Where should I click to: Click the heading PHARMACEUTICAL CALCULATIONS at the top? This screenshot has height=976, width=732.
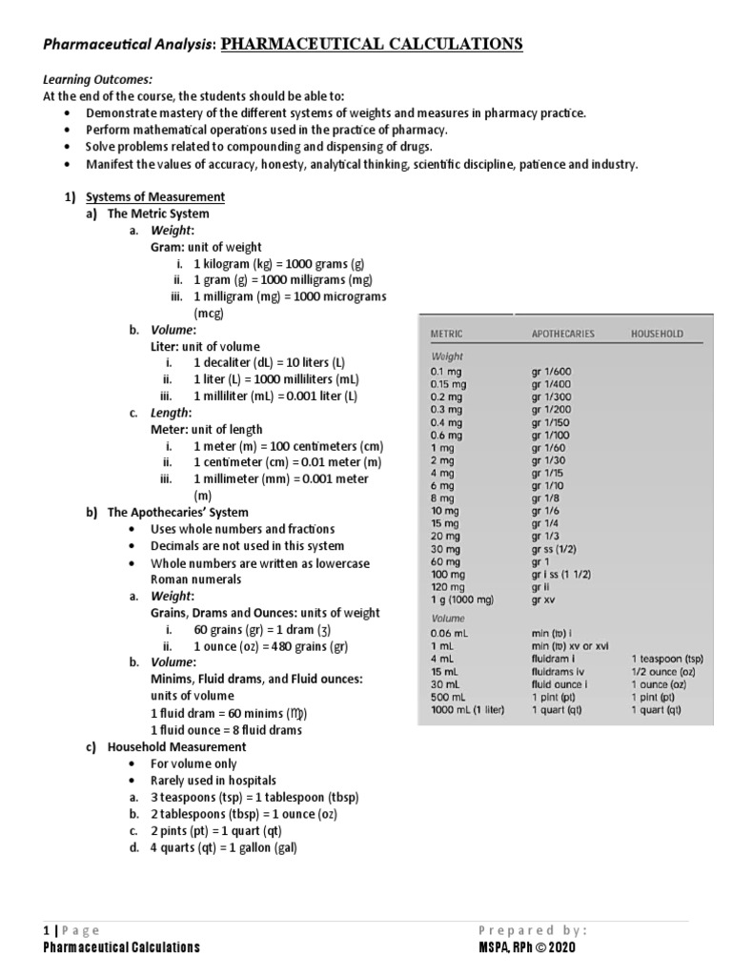[372, 44]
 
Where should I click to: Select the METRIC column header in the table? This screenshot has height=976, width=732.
[447, 335]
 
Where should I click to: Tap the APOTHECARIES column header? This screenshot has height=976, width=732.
[562, 335]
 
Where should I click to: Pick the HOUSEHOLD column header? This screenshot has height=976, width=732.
[657, 335]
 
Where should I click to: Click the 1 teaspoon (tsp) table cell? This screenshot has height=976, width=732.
[667, 658]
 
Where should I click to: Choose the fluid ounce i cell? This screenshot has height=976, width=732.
[559, 683]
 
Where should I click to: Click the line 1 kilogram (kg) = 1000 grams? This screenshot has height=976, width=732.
[278, 264]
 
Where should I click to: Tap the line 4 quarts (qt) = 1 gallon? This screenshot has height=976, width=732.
[230, 847]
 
